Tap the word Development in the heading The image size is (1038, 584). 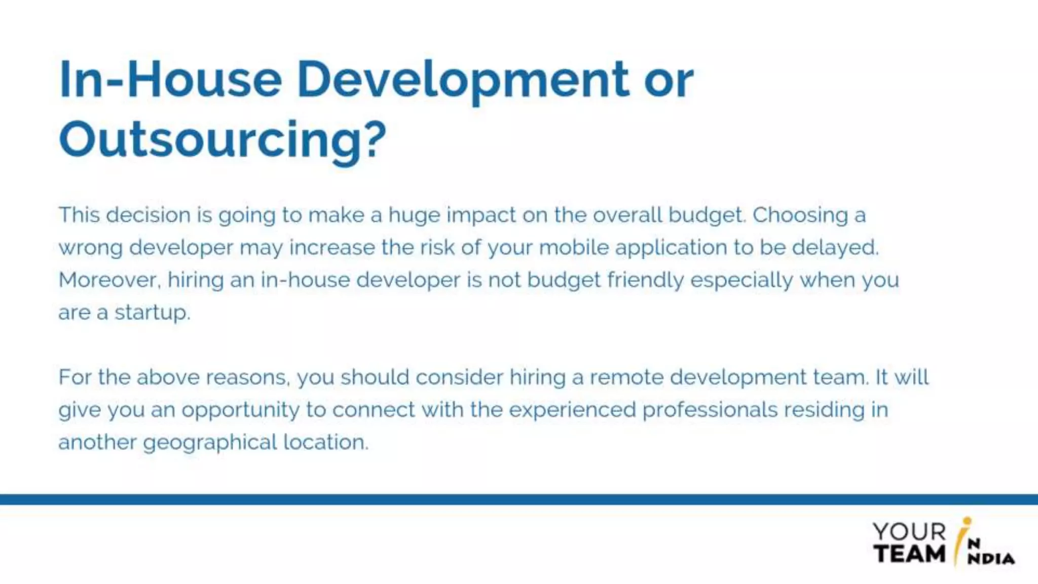463,80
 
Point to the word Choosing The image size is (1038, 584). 800,215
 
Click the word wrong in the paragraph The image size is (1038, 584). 90,248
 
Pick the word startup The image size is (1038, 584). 152,313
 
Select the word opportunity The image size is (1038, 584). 241,410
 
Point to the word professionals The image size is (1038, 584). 710,410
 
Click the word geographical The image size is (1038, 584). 210,443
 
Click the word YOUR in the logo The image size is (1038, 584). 909,532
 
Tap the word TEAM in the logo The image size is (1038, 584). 909,554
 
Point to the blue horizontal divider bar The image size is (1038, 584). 519,499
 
